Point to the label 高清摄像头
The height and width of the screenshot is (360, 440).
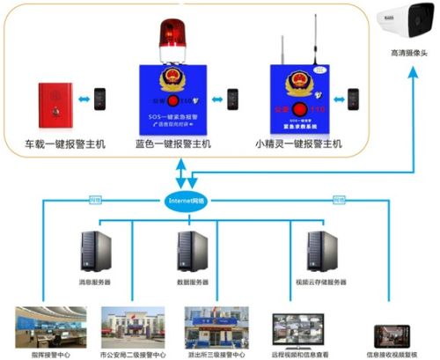(x=407, y=54)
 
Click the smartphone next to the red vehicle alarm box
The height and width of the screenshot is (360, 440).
(x=102, y=98)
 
